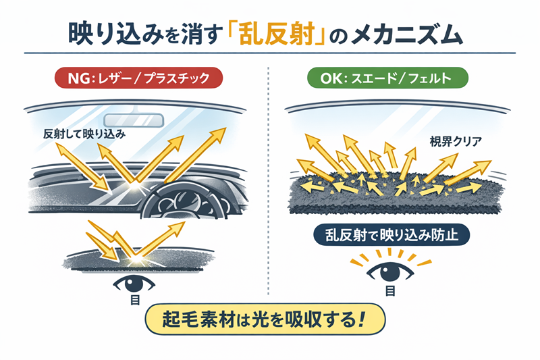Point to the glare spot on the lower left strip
pos(142,258)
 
